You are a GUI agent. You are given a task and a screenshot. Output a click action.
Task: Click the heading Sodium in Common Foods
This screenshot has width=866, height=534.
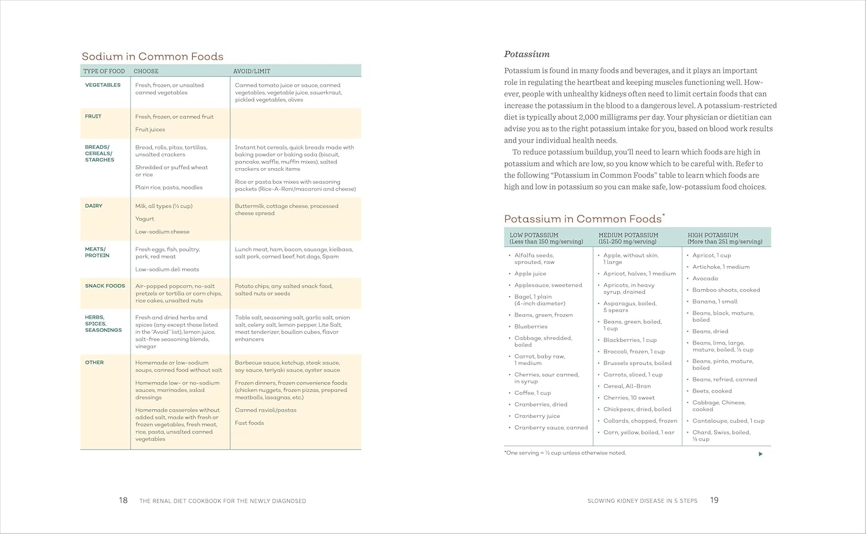(152, 57)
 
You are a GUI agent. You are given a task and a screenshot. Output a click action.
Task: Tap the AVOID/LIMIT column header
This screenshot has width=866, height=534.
(252, 71)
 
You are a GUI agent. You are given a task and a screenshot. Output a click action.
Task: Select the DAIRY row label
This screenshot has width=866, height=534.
(94, 206)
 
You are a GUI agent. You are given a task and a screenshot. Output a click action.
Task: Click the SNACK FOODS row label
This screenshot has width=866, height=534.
(105, 286)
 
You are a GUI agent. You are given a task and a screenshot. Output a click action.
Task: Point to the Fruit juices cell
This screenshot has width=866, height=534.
(150, 130)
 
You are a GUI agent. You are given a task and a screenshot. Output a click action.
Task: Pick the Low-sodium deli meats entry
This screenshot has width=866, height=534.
(167, 270)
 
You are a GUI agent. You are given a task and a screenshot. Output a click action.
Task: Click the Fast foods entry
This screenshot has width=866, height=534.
(249, 423)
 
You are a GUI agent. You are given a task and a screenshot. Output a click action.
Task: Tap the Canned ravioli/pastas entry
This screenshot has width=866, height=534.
(266, 410)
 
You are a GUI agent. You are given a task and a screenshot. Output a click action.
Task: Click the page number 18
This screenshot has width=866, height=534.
(123, 501)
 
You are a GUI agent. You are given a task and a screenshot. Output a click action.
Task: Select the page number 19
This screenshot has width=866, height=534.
(714, 501)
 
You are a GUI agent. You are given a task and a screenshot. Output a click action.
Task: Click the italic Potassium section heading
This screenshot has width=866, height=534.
(527, 54)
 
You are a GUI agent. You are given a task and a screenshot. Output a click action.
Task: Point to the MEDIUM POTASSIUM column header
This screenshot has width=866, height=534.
(628, 238)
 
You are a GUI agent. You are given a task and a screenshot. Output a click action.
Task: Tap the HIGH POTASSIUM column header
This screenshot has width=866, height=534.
(725, 238)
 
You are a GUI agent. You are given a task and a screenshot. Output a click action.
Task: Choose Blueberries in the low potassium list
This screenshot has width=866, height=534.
(531, 327)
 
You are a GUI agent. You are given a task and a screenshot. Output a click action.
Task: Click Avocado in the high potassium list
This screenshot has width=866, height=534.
(705, 279)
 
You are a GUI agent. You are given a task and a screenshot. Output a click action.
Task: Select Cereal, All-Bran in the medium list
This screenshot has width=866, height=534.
(627, 386)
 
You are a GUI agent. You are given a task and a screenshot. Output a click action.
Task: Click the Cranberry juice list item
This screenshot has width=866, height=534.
(537, 416)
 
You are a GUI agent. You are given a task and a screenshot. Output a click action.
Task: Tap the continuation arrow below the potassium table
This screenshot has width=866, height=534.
(760, 454)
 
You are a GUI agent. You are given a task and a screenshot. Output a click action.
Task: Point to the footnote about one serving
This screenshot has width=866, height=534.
(565, 453)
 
